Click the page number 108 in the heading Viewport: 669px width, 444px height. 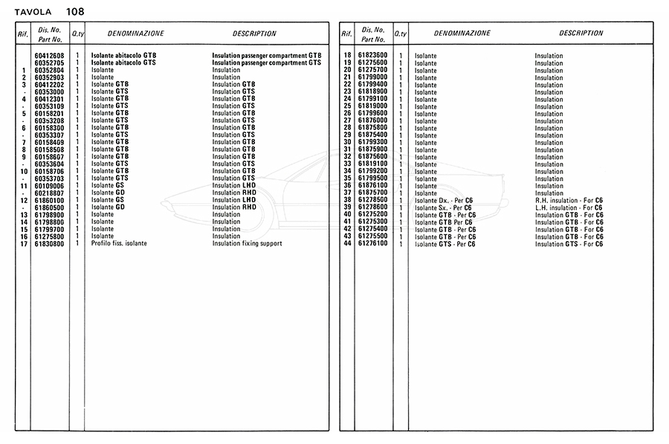pyautogui.click(x=75, y=12)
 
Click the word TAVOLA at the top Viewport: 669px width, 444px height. pyautogui.click(x=33, y=13)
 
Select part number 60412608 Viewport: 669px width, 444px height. pyautogui.click(x=49, y=56)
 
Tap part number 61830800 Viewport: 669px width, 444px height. pyautogui.click(x=49, y=243)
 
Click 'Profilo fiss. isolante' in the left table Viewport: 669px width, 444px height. pyautogui.click(x=119, y=243)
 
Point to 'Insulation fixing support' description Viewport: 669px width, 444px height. pyautogui.click(x=247, y=243)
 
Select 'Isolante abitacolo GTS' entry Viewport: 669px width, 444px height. pyautogui.click(x=123, y=63)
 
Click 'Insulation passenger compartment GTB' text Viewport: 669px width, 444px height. pyautogui.click(x=267, y=56)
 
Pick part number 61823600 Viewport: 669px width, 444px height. pyautogui.click(x=372, y=56)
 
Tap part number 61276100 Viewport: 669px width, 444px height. pyautogui.click(x=372, y=243)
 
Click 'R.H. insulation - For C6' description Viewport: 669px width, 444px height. pyautogui.click(x=569, y=200)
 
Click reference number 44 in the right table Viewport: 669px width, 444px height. pyautogui.click(x=346, y=243)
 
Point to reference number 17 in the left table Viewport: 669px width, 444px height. pyautogui.click(x=24, y=243)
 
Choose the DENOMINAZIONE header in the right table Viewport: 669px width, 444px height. pyautogui.click(x=462, y=33)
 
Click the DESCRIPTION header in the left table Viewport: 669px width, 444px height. pyautogui.click(x=254, y=33)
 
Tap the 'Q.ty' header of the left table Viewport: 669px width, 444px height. pyautogui.click(x=77, y=34)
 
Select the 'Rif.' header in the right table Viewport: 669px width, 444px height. pyautogui.click(x=346, y=34)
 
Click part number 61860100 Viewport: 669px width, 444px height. pyautogui.click(x=49, y=200)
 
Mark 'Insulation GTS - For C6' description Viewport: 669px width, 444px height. pyautogui.click(x=569, y=243)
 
